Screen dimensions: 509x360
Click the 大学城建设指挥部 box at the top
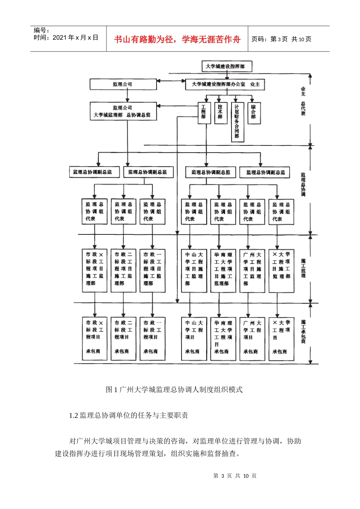pos(226,66)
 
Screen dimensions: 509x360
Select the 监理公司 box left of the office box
pos(123,84)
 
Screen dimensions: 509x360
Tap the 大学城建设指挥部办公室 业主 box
pos(225,84)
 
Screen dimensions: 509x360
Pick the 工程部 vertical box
pos(204,112)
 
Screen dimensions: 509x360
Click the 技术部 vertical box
pos(220,112)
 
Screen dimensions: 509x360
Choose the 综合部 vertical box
pos(253,112)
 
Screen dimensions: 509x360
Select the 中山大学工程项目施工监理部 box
pos(194,270)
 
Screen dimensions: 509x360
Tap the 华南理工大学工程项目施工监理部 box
pos(223,270)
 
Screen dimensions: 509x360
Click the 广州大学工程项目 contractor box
pos(252,338)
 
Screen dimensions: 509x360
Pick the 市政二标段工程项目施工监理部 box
pos(123,270)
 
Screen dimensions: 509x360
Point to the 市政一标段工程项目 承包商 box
pos(152,338)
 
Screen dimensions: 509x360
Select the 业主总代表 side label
pos(303,101)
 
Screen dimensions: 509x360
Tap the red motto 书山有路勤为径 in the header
pos(177,39)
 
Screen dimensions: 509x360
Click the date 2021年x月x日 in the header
pos(66,38)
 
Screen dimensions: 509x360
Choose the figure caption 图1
pos(174,389)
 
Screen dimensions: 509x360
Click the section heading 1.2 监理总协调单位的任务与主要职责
pos(128,415)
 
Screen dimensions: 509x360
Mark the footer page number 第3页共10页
pos(235,476)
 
